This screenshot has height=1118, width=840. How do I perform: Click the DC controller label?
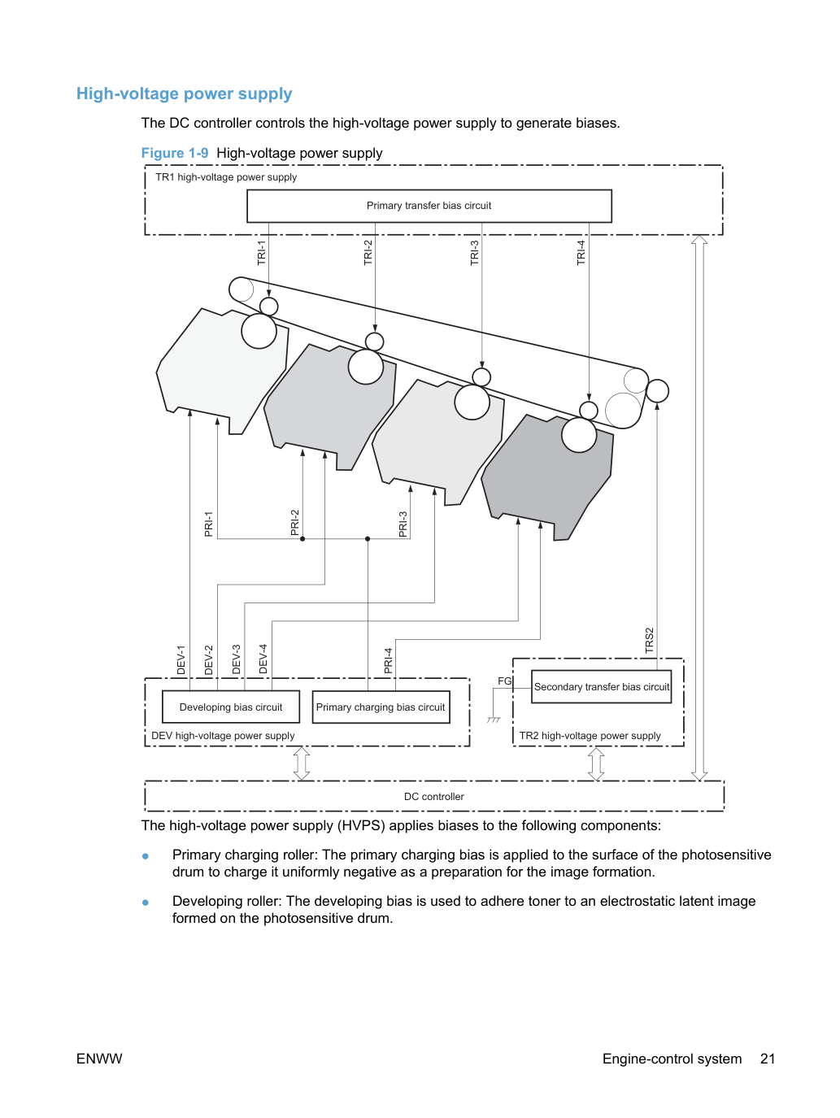(434, 796)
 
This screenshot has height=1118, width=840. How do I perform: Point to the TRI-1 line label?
(261, 253)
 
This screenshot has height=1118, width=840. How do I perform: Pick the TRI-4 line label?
(581, 253)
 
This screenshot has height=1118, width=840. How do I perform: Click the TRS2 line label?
(649, 640)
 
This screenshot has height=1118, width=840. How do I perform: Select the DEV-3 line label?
(236, 659)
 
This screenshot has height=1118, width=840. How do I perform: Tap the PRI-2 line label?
(294, 523)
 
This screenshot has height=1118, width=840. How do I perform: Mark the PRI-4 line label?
(388, 660)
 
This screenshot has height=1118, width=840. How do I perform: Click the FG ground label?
(504, 681)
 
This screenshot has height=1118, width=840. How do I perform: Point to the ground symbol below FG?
(494, 720)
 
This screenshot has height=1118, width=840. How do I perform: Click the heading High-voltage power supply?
(184, 94)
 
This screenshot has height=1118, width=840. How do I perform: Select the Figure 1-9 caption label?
(175, 153)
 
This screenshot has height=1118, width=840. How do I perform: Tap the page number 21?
(767, 1059)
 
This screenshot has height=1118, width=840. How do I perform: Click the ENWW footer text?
(99, 1059)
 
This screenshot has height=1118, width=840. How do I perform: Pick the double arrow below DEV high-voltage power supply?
(302, 763)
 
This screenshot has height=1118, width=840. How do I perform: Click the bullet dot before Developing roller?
(146, 902)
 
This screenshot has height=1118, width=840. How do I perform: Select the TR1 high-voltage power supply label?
(226, 177)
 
